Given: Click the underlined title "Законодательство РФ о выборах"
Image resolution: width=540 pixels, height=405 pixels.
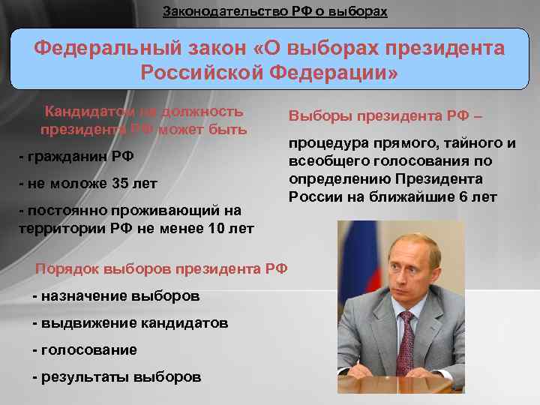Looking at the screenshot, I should coord(275,12).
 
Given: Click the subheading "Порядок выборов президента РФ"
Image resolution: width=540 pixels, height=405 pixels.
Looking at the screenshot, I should coord(161,269).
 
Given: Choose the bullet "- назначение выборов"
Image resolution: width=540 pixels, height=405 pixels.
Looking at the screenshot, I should coord(116,295).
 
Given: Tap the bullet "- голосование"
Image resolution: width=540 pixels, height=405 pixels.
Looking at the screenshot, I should coord(85,349).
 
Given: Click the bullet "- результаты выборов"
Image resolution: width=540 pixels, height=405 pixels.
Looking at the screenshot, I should coord(117,376).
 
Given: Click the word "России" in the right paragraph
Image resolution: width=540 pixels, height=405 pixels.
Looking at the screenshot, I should coord(310,196).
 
